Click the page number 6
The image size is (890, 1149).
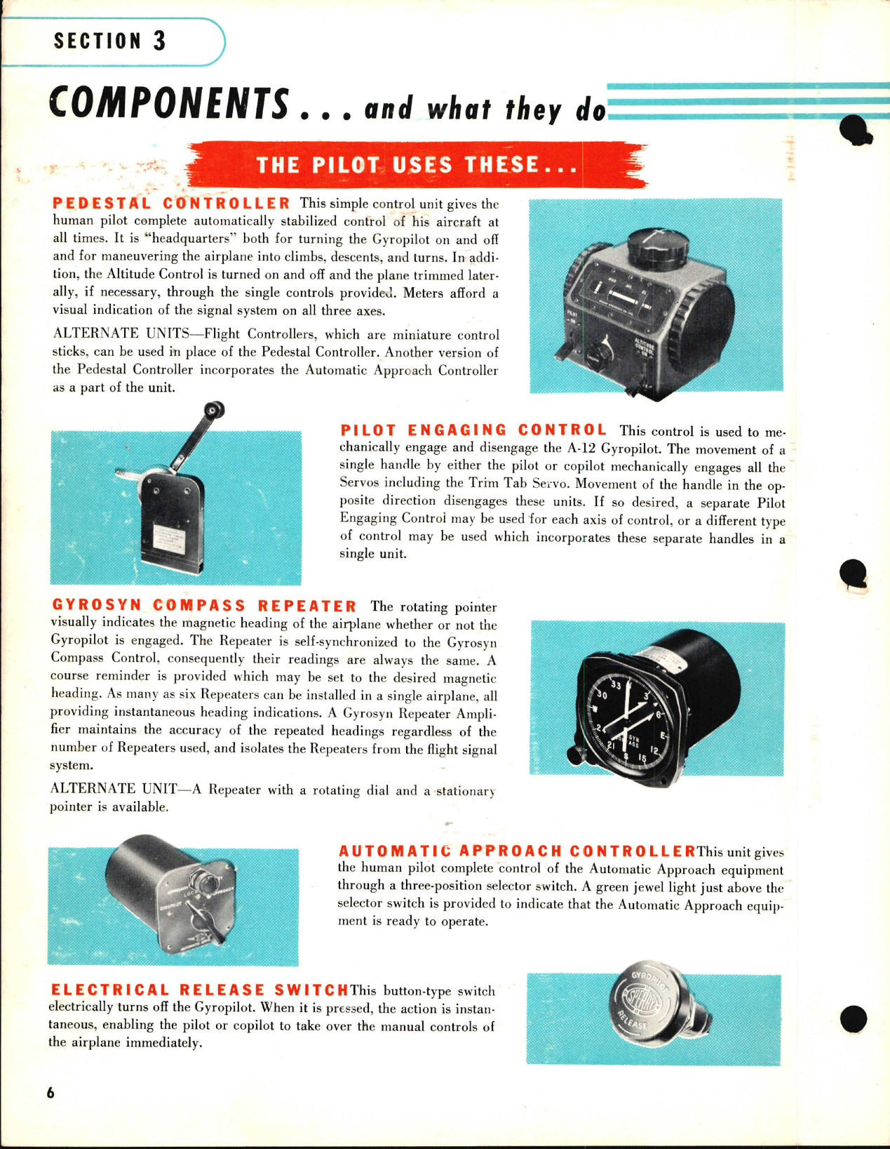pos(50,1093)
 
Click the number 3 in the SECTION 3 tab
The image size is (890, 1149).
pos(160,41)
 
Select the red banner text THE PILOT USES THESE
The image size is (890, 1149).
pos(417,165)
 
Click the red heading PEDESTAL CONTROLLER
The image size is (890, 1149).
pos(172,204)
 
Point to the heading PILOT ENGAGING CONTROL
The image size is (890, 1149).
pos(473,430)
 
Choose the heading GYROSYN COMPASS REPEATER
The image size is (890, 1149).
pos(204,605)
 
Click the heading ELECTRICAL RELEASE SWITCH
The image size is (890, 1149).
pos(199,990)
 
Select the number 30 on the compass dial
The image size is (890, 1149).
pos(601,695)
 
